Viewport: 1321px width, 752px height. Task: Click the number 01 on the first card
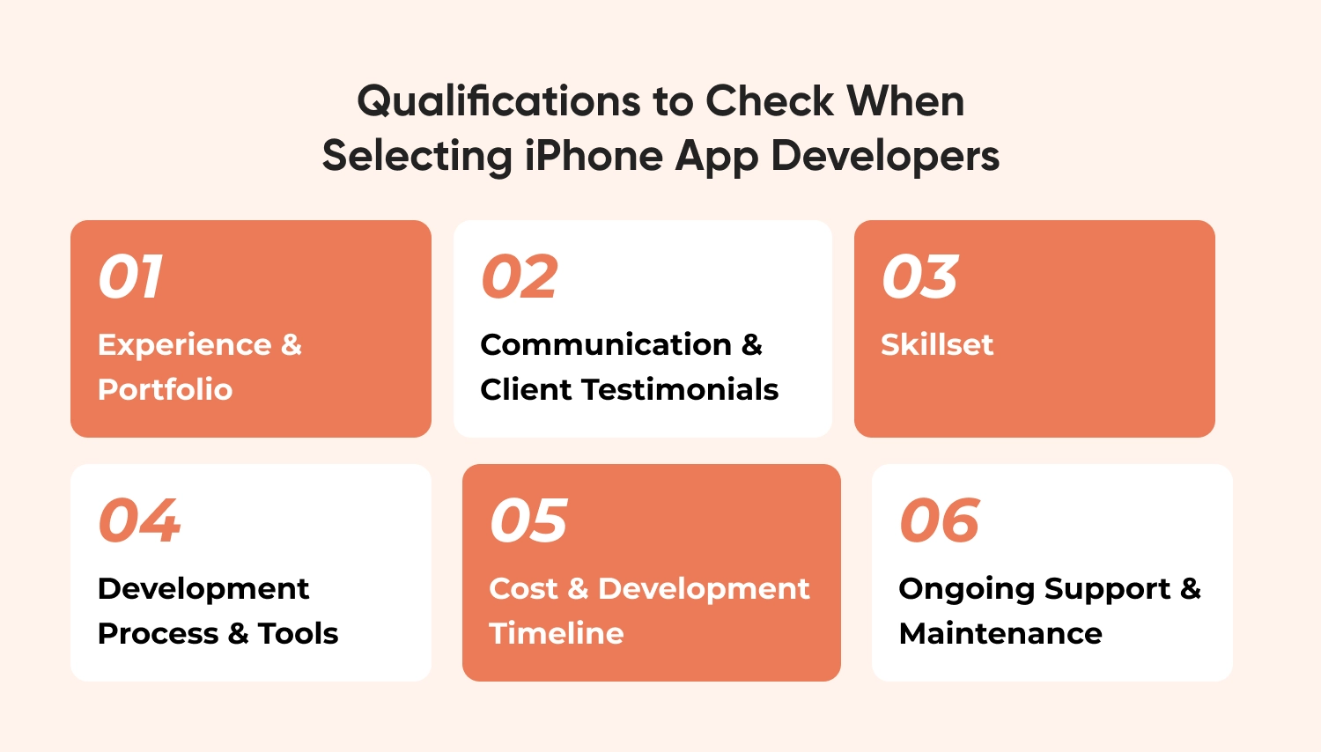130,276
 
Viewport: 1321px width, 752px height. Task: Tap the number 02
519,276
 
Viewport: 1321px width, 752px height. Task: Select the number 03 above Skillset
919,276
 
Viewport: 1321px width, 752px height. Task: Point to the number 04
139,520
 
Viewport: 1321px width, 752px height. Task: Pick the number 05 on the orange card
528,520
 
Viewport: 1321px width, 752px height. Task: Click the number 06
939,520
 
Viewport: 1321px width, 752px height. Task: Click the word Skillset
937,344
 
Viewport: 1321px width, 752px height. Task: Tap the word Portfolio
166,389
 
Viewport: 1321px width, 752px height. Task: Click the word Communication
606,344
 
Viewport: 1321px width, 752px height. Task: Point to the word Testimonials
680,389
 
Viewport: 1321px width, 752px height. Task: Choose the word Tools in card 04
298,633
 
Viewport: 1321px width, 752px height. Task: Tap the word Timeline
556,633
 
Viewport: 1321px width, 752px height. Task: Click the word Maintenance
1000,633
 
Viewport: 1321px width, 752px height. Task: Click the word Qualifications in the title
499,100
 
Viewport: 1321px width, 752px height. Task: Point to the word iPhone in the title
594,155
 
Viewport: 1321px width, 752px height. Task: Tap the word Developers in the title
885,157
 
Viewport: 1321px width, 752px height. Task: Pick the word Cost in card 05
523,588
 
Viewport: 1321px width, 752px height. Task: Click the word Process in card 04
158,633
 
